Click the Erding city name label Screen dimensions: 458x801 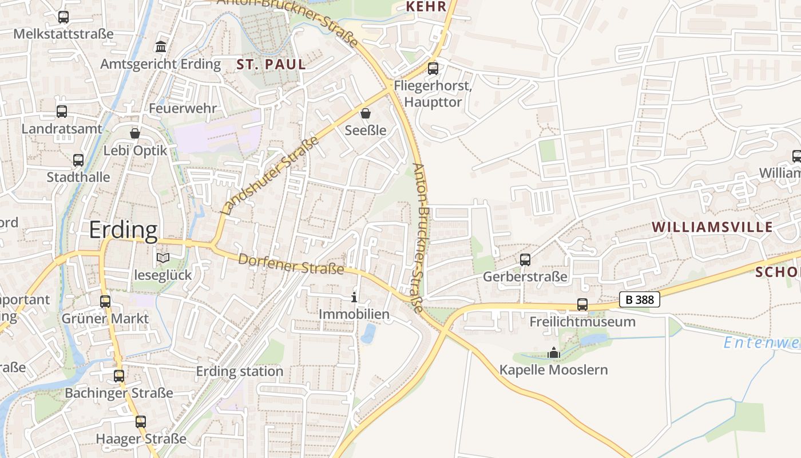pyautogui.click(x=123, y=230)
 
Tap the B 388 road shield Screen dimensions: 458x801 pyautogui.click(x=639, y=299)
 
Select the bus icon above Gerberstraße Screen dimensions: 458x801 pyautogui.click(x=525, y=260)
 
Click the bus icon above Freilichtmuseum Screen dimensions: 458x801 pyautogui.click(x=582, y=305)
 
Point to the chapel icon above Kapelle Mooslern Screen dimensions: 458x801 pyautogui.click(x=554, y=353)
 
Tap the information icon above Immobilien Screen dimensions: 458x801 pyautogui.click(x=354, y=297)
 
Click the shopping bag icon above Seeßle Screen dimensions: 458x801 pyautogui.click(x=366, y=113)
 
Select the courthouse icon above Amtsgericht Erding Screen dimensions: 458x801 pyautogui.click(x=161, y=46)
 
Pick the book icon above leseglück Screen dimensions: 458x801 pyautogui.click(x=163, y=258)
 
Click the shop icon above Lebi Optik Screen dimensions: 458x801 pyautogui.click(x=135, y=133)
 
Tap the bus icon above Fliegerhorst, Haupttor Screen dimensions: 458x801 pyautogui.click(x=433, y=69)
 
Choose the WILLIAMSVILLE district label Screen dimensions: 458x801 pyautogui.click(x=712, y=227)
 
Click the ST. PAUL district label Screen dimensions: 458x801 pyautogui.click(x=271, y=65)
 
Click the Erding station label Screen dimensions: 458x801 pyautogui.click(x=240, y=371)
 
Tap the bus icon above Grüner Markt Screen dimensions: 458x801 pyautogui.click(x=105, y=301)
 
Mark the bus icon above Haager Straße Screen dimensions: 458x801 pyautogui.click(x=141, y=422)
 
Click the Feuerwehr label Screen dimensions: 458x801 pyautogui.click(x=183, y=108)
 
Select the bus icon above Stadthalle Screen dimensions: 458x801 pyautogui.click(x=78, y=160)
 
